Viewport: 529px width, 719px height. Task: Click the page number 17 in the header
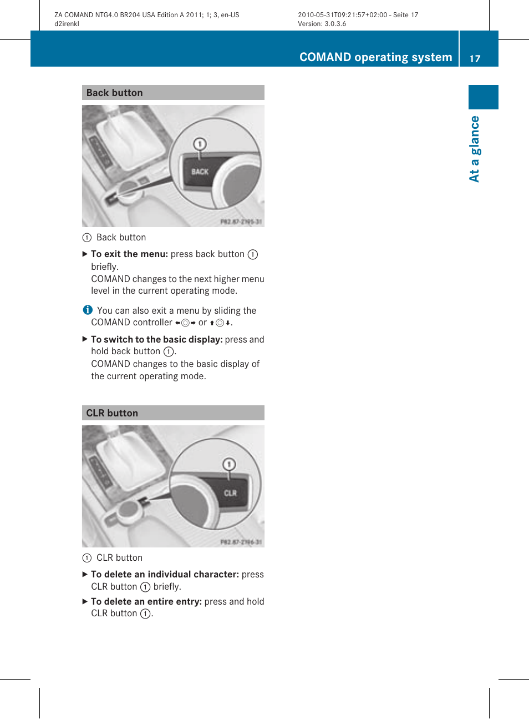pos(475,58)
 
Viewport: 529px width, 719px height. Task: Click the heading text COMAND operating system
pos(375,57)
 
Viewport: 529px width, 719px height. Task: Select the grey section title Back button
pos(115,93)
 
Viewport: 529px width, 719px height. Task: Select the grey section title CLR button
pos(112,413)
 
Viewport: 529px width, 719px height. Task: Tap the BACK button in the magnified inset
pos(200,172)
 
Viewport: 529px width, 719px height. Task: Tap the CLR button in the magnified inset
pos(230,493)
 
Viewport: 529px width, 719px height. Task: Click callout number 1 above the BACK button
pos(200,144)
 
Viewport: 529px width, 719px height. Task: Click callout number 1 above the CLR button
pos(229,464)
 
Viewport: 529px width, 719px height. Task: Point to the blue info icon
pos(88,310)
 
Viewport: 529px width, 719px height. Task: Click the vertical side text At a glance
pos(475,149)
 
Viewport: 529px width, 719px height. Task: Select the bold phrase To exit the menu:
pos(129,254)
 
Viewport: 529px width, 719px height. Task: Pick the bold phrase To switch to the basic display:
pos(156,339)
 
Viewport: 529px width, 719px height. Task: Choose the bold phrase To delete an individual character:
pos(165,574)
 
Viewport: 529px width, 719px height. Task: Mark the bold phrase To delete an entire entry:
pos(146,601)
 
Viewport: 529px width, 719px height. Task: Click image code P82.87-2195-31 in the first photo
pos(241,222)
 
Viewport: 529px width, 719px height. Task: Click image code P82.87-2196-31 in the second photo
pos(241,542)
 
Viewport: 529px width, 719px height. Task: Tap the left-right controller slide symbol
pos(185,323)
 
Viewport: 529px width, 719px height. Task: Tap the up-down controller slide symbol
pos(220,323)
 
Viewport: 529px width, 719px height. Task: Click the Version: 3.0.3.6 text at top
pos(322,24)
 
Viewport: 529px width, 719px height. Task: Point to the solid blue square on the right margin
pos(483,97)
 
